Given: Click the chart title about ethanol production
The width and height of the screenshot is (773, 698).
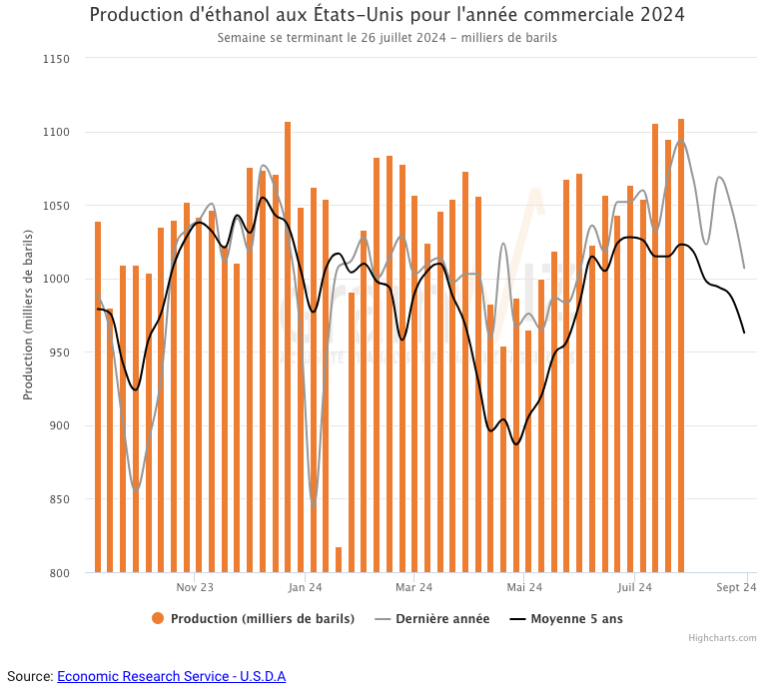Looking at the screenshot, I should (x=386, y=16).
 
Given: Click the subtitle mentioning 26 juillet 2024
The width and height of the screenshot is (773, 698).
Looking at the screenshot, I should (x=386, y=38).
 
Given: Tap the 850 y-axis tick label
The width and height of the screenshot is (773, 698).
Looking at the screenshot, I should (x=58, y=499).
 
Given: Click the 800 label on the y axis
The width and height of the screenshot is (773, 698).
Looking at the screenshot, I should (x=58, y=573).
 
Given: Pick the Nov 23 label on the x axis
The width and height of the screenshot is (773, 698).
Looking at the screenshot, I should (x=195, y=588).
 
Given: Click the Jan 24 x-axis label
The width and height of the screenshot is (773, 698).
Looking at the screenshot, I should (x=305, y=588).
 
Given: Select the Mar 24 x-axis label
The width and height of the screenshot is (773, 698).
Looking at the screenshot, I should (x=413, y=588).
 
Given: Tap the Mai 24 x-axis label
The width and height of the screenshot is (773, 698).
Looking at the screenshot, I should (x=524, y=588).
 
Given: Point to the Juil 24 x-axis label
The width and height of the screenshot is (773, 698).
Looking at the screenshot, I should (x=634, y=588).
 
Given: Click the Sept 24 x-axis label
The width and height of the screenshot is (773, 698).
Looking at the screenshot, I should (x=737, y=588).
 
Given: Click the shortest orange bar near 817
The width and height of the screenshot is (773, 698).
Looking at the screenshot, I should (x=339, y=561).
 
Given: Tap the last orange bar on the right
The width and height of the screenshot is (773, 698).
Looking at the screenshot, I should (x=681, y=349).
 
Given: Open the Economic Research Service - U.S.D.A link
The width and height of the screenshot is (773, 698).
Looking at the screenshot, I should (x=171, y=676).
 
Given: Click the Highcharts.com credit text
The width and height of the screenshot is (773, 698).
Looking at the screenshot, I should (x=722, y=638).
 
